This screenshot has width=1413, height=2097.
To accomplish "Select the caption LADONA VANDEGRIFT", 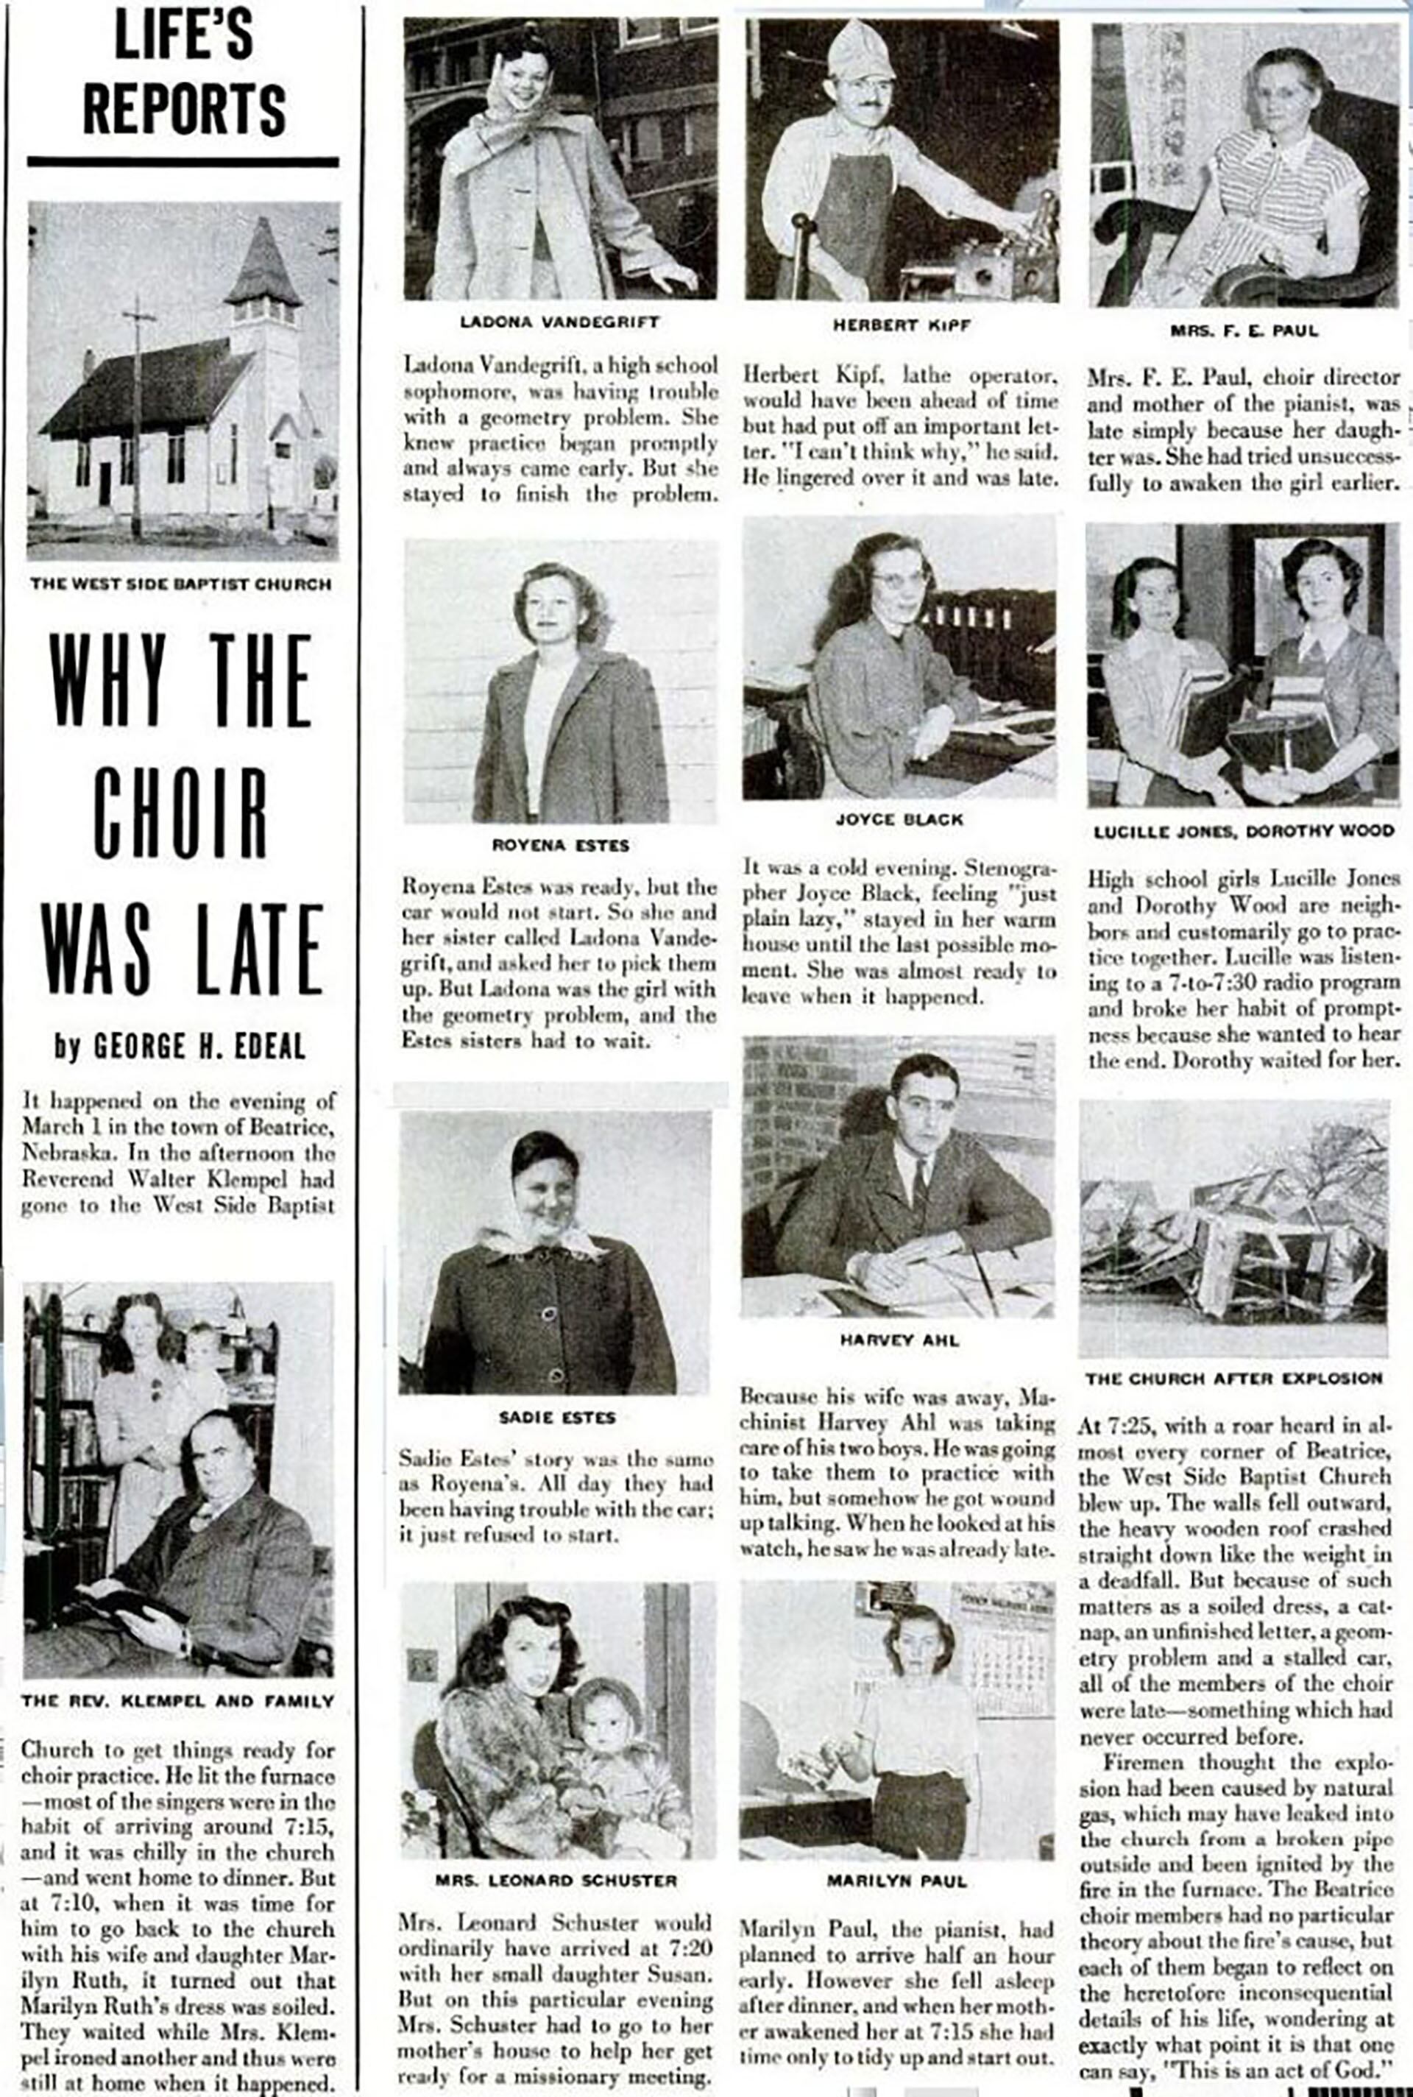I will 559,322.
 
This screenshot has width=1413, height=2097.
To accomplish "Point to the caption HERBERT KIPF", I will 901,325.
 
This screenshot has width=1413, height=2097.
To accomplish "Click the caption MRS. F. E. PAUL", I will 1244,330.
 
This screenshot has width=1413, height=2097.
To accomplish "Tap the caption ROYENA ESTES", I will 561,845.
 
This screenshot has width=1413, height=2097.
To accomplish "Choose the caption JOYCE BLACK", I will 899,819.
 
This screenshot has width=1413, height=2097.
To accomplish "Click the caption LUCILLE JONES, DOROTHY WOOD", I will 1244,832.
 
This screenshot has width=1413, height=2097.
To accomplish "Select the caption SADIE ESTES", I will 557,1418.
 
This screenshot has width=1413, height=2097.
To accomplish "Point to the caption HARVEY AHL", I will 899,1340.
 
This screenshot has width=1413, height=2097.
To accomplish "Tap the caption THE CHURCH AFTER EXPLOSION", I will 1233,1378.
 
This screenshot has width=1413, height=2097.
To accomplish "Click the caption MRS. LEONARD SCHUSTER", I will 556,1881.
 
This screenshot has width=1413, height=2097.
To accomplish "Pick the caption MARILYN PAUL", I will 896,1881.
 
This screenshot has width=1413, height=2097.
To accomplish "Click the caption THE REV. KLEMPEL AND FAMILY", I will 177,1702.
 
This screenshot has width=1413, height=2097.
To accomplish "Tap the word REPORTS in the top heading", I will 184,110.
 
